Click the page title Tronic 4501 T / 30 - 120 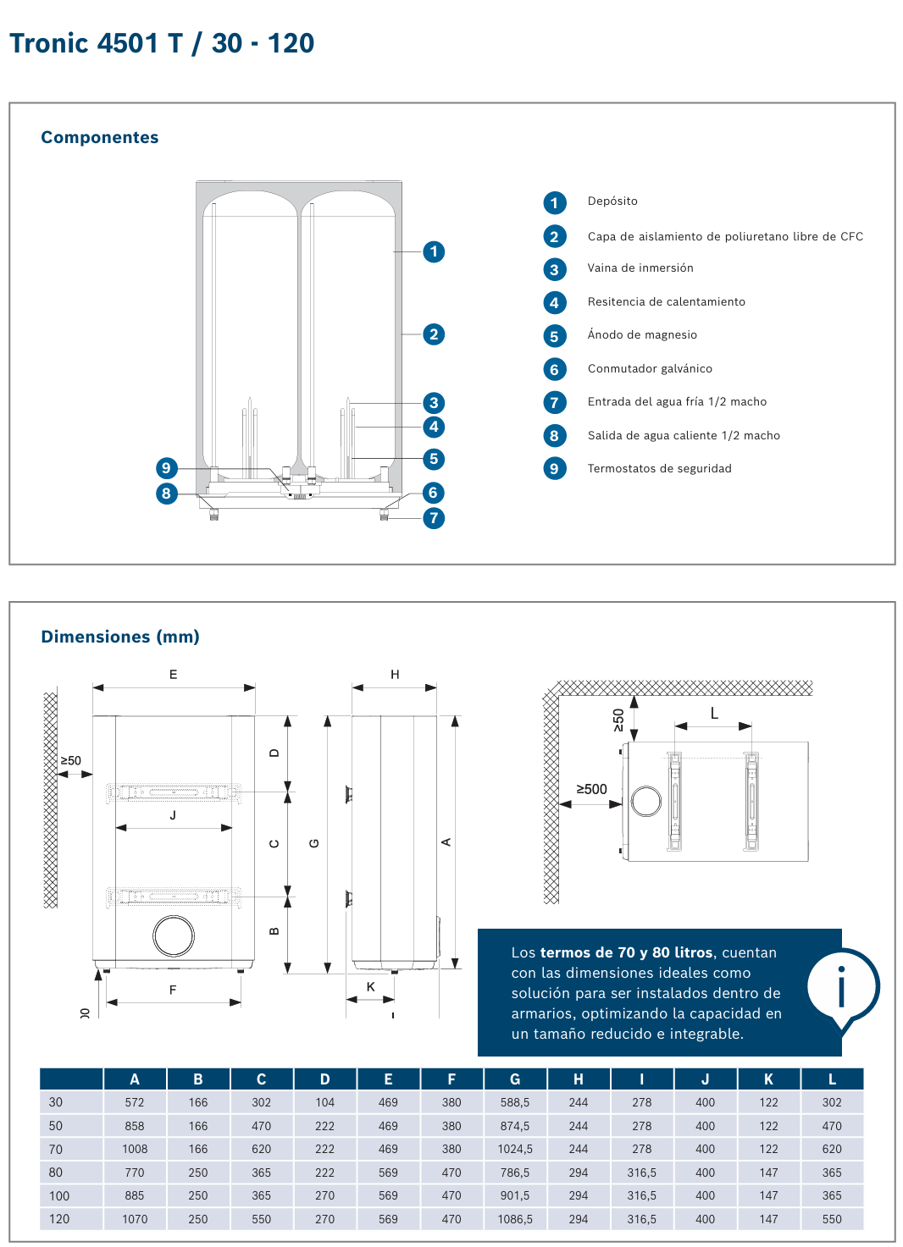point(162,43)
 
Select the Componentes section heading point(100,137)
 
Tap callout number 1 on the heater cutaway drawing point(434,251)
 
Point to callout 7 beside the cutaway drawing point(434,518)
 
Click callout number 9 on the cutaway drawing point(166,468)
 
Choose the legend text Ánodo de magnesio point(642,335)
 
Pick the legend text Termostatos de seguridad point(659,469)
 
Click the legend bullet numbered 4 point(554,303)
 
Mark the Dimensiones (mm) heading point(120,637)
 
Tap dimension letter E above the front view point(174,675)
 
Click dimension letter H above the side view point(395,675)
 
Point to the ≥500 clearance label point(591,789)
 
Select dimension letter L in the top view point(714,714)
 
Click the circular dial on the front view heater point(174,936)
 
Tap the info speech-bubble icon point(842,987)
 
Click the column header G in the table point(515,1079)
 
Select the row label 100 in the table point(59,1196)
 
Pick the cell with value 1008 point(135,1150)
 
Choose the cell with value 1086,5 point(515,1220)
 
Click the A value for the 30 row point(135,1103)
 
